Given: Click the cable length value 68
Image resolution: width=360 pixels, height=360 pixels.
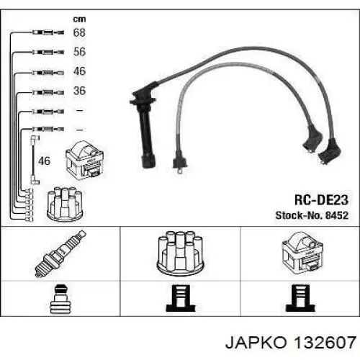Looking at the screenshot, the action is pyautogui.click(x=79, y=32).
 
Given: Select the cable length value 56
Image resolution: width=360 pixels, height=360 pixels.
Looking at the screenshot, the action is pyautogui.click(x=79, y=52).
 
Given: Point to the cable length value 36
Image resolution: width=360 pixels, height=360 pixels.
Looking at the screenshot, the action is pyautogui.click(x=79, y=91).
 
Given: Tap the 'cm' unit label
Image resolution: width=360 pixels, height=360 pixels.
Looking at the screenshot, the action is pyautogui.click(x=79, y=19).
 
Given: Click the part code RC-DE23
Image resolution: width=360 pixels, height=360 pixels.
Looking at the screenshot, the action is pyautogui.click(x=321, y=200).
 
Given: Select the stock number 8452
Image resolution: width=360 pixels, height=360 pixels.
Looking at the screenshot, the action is pyautogui.click(x=337, y=215).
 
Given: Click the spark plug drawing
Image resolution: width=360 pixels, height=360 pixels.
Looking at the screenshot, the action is pyautogui.click(x=60, y=254).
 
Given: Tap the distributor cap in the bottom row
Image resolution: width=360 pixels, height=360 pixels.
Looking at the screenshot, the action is pyautogui.click(x=180, y=253).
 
